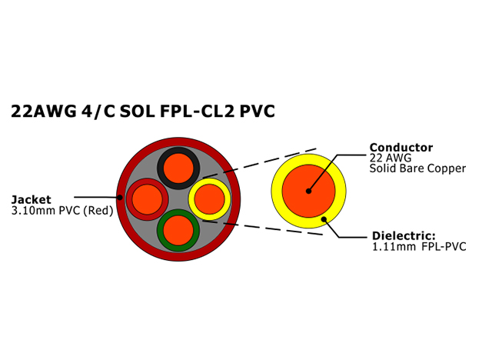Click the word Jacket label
tap(31, 200)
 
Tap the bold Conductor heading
tap(401, 148)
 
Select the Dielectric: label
tap(404, 235)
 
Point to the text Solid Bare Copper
tap(417, 168)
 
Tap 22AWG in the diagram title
tap(43, 111)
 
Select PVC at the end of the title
tap(257, 111)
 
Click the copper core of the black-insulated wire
tap(178, 168)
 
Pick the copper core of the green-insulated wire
tap(178, 231)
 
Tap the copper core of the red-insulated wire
tap(148, 199)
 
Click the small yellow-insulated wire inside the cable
tap(209, 199)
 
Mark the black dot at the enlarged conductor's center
tap(308, 191)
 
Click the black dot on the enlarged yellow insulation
tap(324, 219)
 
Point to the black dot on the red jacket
tap(120, 197)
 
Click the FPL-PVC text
tap(444, 246)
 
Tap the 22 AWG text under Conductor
tap(390, 158)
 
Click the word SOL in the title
tap(137, 111)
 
